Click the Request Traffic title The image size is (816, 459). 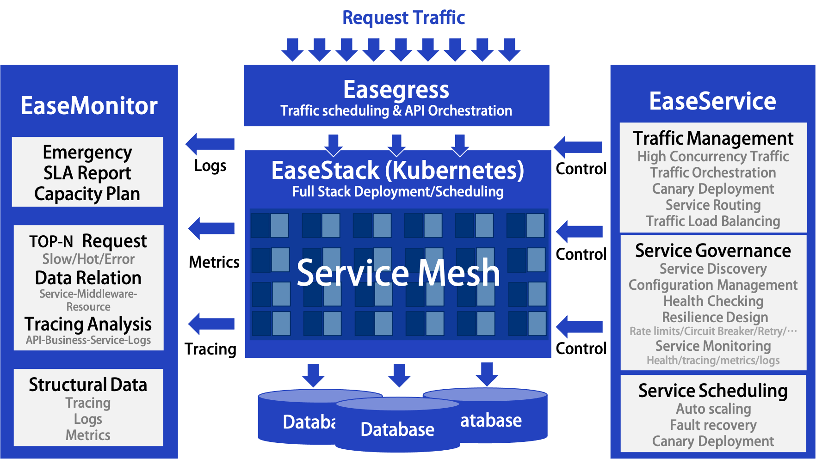coord(403,18)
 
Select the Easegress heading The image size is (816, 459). coord(396,89)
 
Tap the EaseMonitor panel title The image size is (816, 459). coord(89,106)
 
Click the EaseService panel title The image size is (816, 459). coord(712,101)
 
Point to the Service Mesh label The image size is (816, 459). coord(398,272)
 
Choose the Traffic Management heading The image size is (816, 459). coord(713,138)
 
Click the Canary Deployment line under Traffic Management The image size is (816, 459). coord(713,189)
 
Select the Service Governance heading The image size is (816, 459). coord(713,251)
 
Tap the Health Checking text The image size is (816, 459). coord(713,301)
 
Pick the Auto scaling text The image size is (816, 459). coord(713,409)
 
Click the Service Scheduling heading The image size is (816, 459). coord(713,391)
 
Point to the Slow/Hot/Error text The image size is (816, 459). coord(88,259)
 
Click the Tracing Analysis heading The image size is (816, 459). coord(88,324)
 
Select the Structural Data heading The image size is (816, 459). coord(88,385)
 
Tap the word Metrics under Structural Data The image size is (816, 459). coord(88,435)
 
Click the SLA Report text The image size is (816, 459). coord(87,173)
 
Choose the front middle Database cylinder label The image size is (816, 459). coord(397,429)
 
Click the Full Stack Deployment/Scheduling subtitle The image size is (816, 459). coord(398,191)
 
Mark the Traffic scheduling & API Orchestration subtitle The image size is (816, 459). coord(396,111)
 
